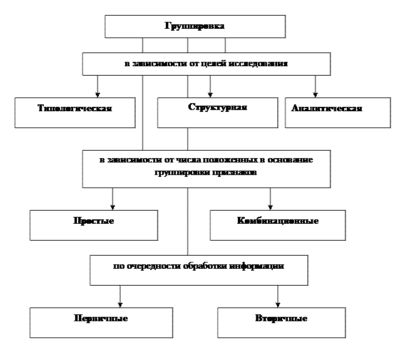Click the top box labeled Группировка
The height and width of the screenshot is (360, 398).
point(195,26)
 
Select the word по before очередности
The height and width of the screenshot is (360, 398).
point(118,266)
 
